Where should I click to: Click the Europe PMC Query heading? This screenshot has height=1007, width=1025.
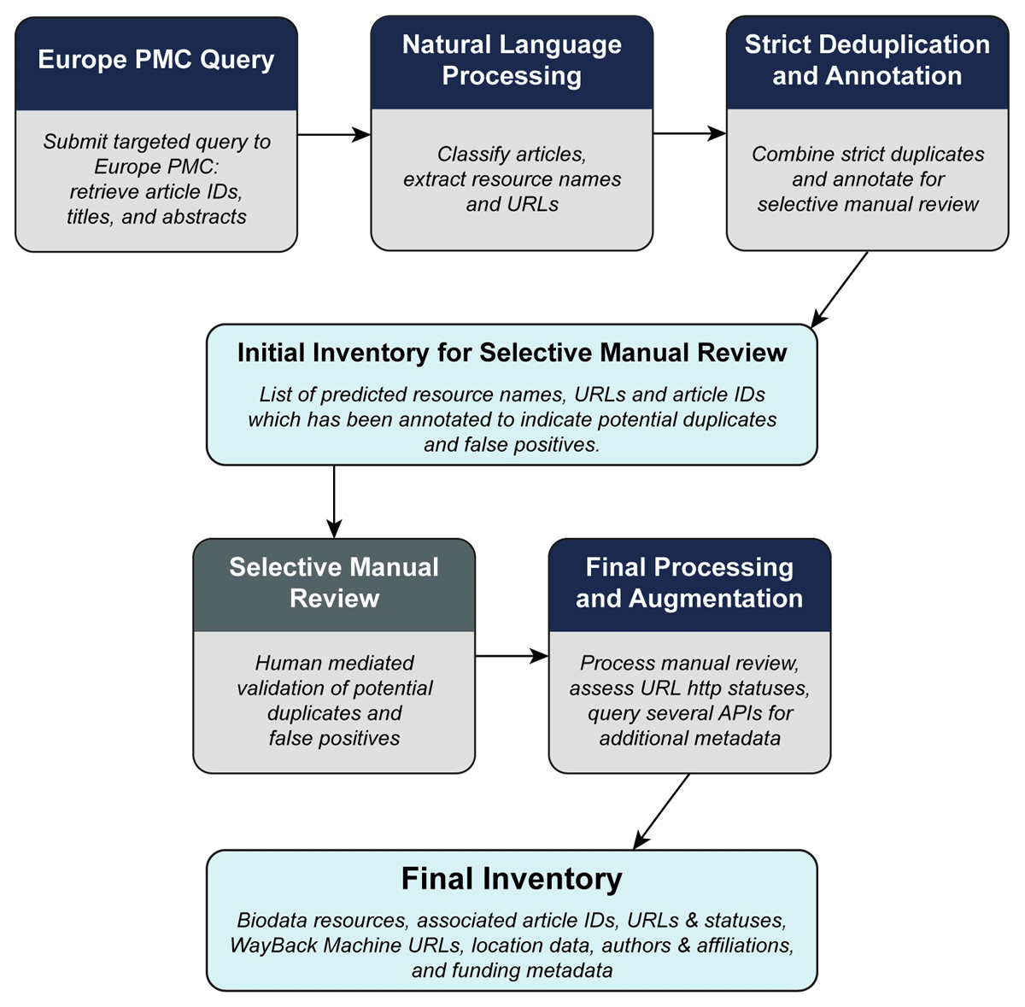155,60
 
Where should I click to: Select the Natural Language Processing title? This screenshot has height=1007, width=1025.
512,60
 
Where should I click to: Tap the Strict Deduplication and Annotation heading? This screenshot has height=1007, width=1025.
867,60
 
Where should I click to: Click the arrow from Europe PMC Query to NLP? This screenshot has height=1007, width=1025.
334,135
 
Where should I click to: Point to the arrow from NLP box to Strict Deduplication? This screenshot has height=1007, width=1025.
689,133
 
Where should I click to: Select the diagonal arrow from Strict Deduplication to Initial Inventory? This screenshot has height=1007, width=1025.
839,290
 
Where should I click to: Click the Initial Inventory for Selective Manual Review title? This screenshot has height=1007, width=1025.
512,353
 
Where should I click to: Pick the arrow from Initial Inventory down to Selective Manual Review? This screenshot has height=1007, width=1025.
334,501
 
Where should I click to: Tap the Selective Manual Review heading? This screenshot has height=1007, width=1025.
334,583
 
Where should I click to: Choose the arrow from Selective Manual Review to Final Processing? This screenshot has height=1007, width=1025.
512,656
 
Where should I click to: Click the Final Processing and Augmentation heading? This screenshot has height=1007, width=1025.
689,583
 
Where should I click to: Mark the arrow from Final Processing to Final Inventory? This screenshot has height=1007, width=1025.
661,811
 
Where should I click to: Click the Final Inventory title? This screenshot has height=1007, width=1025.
512,878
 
